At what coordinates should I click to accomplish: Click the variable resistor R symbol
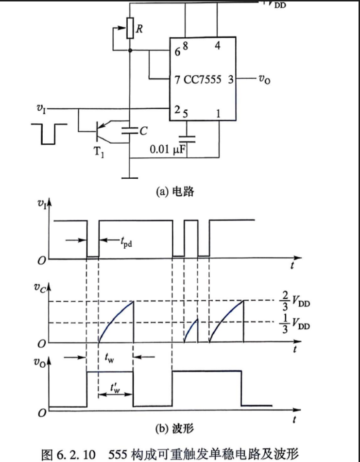[130, 28]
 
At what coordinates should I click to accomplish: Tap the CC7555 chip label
[203, 79]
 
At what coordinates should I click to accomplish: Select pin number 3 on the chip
[231, 79]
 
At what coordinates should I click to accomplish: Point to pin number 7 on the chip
[177, 80]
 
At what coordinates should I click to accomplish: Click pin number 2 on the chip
[177, 109]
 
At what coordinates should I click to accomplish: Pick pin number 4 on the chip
[218, 46]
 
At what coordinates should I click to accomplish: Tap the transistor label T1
[99, 152]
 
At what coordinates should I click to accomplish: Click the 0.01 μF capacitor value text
[168, 149]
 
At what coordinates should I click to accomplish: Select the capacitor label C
[143, 131]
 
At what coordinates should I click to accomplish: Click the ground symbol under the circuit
[130, 178]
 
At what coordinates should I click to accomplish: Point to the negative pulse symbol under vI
[49, 134]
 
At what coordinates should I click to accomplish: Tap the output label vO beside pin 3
[264, 79]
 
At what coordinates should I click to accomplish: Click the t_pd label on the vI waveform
[126, 242]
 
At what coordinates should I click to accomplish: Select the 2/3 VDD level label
[294, 301]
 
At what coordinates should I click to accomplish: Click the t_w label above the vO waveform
[109, 358]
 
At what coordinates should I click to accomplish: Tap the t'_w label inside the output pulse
[115, 388]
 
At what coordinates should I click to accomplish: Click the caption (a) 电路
[175, 191]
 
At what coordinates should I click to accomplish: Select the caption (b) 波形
[175, 428]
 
